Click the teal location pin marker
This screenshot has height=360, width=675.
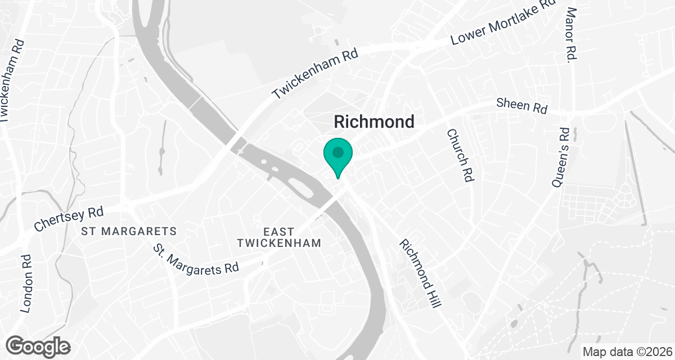pyautogui.click(x=337, y=157)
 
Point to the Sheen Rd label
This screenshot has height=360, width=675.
pyautogui.click(x=521, y=106)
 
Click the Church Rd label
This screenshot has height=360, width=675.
pyautogui.click(x=460, y=155)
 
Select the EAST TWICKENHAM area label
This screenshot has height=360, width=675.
pyautogui.click(x=279, y=237)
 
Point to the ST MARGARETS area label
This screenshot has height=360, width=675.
pyautogui.click(x=129, y=231)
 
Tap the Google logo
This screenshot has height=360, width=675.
pyautogui.click(x=38, y=346)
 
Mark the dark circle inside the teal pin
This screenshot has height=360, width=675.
pyautogui.click(x=337, y=152)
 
